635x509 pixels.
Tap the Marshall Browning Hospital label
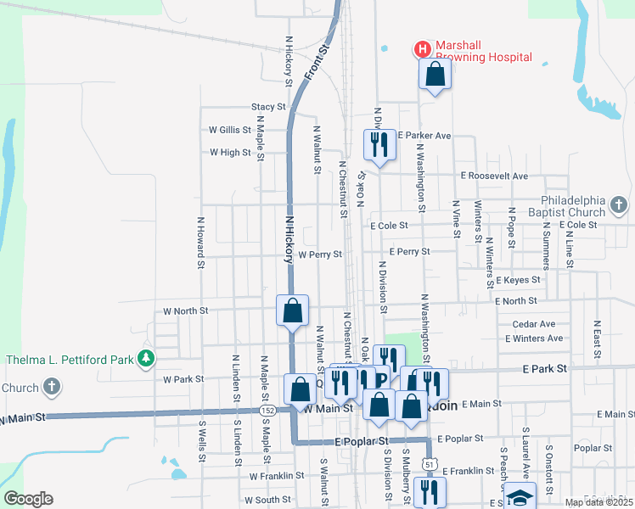point(484,51)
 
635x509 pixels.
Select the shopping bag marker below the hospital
point(435,75)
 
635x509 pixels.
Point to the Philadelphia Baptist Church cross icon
point(619,205)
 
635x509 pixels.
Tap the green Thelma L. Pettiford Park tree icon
point(147,359)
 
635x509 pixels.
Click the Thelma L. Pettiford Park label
point(70,360)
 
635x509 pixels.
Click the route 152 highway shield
point(268,410)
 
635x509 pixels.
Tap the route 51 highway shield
point(430,465)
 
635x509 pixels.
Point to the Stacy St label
point(268,107)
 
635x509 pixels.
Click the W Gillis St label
point(230,130)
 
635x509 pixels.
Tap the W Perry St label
point(319,254)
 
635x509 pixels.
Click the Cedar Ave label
point(534,324)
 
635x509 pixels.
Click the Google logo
point(28,498)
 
